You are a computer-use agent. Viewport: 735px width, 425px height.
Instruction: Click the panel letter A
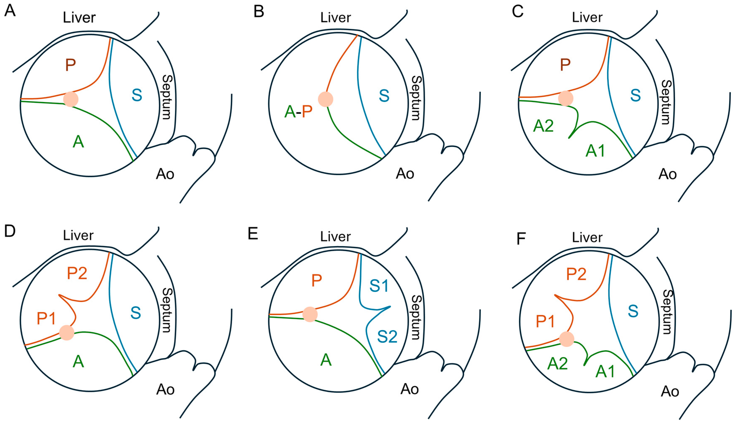click(10, 12)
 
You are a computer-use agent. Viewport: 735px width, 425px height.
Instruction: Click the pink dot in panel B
click(325, 99)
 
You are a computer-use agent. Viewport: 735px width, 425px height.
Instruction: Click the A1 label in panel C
click(595, 151)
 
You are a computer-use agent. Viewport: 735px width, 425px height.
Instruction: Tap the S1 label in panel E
click(379, 286)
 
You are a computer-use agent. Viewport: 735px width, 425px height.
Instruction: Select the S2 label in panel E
click(387, 337)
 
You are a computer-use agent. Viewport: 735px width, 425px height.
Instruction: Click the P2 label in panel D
click(77, 273)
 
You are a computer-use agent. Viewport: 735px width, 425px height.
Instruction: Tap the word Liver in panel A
click(79, 18)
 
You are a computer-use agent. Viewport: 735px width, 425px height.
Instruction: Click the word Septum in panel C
click(666, 102)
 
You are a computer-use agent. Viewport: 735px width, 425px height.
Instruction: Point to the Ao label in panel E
click(410, 389)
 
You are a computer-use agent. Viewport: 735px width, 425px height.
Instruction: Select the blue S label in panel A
click(137, 95)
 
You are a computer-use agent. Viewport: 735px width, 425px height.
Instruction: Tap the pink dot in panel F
click(566, 339)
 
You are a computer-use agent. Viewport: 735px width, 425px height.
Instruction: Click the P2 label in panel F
click(576, 274)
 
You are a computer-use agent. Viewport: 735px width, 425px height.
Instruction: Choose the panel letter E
click(253, 234)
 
